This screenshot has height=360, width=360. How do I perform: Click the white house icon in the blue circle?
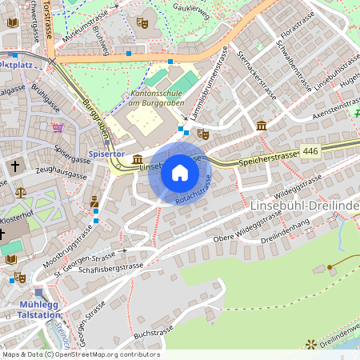click(x=180, y=173)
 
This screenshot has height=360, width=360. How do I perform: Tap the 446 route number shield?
click(x=311, y=151)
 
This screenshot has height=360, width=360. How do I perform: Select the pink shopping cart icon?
click(x=58, y=127)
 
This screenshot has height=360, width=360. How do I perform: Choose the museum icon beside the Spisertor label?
click(x=138, y=160)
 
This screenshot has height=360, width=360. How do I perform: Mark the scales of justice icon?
click(x=20, y=193)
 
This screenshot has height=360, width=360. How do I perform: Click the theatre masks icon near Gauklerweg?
click(x=142, y=22)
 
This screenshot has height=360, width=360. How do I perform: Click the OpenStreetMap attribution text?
click(x=81, y=354)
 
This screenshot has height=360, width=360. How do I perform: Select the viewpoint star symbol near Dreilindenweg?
click(x=310, y=345)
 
